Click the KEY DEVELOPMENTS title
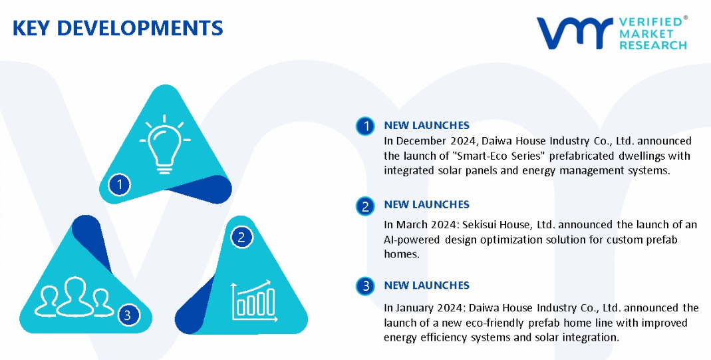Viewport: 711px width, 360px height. [x=118, y=28]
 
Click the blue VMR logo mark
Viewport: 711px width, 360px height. [x=575, y=33]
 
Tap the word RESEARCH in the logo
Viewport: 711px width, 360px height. [x=653, y=45]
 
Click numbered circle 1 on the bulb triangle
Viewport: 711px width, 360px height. [x=120, y=184]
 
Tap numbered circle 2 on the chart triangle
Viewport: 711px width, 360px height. [x=241, y=238]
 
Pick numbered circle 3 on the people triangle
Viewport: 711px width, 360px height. [x=128, y=315]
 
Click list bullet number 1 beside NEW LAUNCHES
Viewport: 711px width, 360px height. [x=365, y=126]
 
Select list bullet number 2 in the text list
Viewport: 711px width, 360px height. [x=365, y=206]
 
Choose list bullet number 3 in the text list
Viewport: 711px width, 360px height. [x=365, y=286]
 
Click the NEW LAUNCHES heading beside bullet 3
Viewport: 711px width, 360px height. [x=427, y=285]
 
